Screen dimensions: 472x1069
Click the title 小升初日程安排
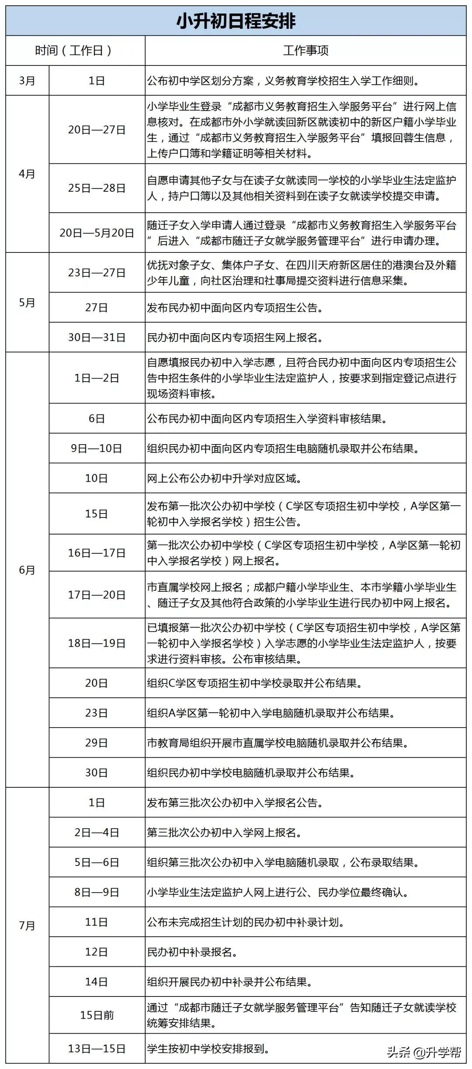point(236,21)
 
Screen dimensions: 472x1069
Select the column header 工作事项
point(305,51)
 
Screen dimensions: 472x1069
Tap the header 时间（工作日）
point(75,51)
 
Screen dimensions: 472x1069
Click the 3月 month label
point(27,81)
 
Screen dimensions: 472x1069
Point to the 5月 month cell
point(27,302)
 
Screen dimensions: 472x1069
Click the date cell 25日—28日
point(97,188)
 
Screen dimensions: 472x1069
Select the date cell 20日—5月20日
point(97,233)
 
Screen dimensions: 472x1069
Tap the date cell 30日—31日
point(97,337)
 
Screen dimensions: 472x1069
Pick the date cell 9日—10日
point(97,448)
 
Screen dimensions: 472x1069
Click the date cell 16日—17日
point(97,553)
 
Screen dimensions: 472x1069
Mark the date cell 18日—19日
point(97,643)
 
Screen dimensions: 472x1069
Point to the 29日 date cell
point(97,743)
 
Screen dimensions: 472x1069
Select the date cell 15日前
point(97,1015)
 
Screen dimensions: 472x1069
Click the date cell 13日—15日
point(97,1048)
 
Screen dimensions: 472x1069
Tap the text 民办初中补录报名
point(192,952)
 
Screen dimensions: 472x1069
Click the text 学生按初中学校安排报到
point(208,1048)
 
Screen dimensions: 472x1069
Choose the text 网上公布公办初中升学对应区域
point(224,478)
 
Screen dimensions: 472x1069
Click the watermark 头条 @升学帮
point(423,1053)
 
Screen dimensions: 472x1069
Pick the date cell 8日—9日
point(97,892)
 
